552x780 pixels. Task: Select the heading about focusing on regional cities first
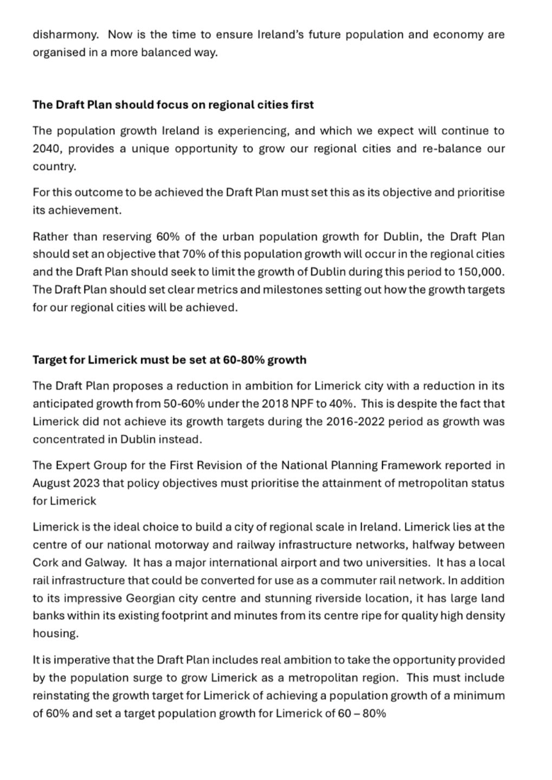coord(173,104)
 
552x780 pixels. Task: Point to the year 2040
coord(47,149)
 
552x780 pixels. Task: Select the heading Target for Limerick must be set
coord(169,359)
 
